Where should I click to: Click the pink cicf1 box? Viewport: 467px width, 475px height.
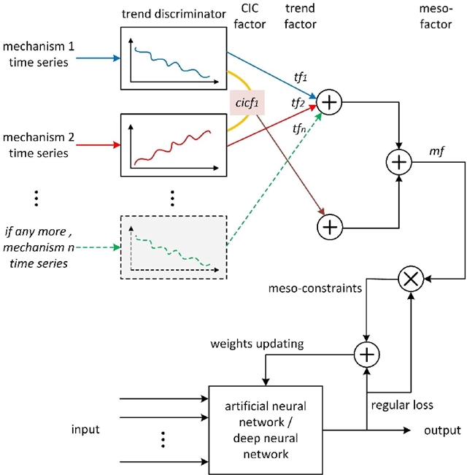247,102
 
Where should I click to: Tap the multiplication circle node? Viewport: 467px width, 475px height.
411,279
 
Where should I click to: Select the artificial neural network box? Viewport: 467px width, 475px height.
266,430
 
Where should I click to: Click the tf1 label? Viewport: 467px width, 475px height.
301,77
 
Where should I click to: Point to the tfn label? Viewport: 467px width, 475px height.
299,129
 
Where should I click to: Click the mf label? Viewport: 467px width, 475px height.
436,150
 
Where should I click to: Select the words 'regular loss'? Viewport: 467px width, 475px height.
402,405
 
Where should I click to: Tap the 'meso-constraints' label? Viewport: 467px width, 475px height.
315,288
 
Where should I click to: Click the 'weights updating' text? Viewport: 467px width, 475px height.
257,344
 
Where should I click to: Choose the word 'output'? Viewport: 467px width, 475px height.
442,430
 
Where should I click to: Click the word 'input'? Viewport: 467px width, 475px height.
85,429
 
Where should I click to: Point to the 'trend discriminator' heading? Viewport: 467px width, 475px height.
174,14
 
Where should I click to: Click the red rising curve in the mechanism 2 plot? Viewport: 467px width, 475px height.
172,148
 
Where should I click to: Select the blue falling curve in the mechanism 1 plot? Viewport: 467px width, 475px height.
172,63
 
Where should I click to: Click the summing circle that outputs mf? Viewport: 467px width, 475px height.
399,162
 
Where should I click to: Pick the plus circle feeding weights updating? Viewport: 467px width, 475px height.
366,355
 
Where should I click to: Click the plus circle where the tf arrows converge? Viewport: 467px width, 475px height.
329,102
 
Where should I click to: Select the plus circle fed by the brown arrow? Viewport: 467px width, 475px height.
330,227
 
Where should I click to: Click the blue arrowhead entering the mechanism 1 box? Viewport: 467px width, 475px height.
117,58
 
